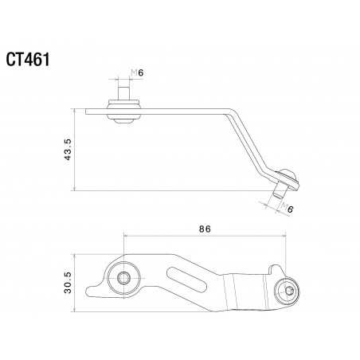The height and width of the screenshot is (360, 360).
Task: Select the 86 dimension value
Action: pyautogui.click(x=205, y=229)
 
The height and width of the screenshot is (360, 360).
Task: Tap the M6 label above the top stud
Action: pyautogui.click(x=135, y=74)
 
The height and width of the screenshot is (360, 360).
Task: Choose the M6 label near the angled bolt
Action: pyautogui.click(x=288, y=209)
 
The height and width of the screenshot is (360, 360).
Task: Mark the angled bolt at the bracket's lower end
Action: pyautogui.click(x=284, y=185)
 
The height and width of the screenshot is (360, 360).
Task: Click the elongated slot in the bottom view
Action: pyautogui.click(x=188, y=280)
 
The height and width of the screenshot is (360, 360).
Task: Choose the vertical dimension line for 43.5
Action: pyautogui.click(x=74, y=149)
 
